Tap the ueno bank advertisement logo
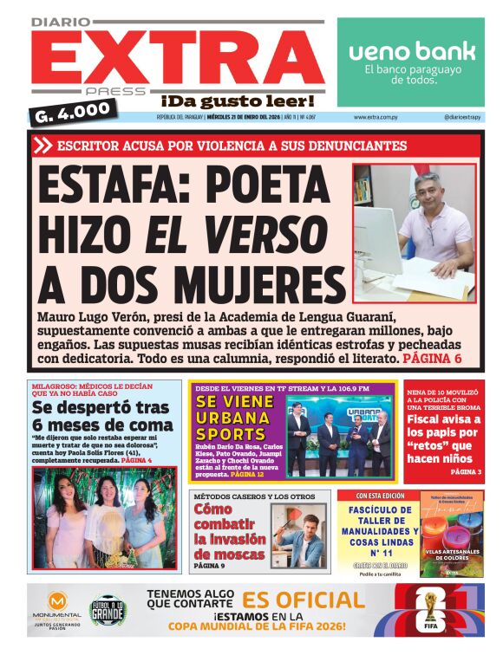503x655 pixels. pos(411,51)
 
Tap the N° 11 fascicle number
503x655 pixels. pos(376,551)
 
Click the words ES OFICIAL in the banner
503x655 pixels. pos(303,600)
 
